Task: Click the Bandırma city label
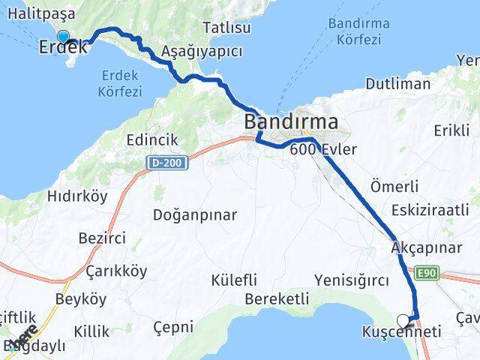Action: [292, 121]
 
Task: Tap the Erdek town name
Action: [63, 46]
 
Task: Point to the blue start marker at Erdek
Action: [63, 36]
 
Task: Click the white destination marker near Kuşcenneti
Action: [403, 321]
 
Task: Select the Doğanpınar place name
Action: [195, 215]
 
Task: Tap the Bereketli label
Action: [277, 298]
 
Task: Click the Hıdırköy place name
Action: [77, 196]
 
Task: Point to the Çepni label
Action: [172, 327]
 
